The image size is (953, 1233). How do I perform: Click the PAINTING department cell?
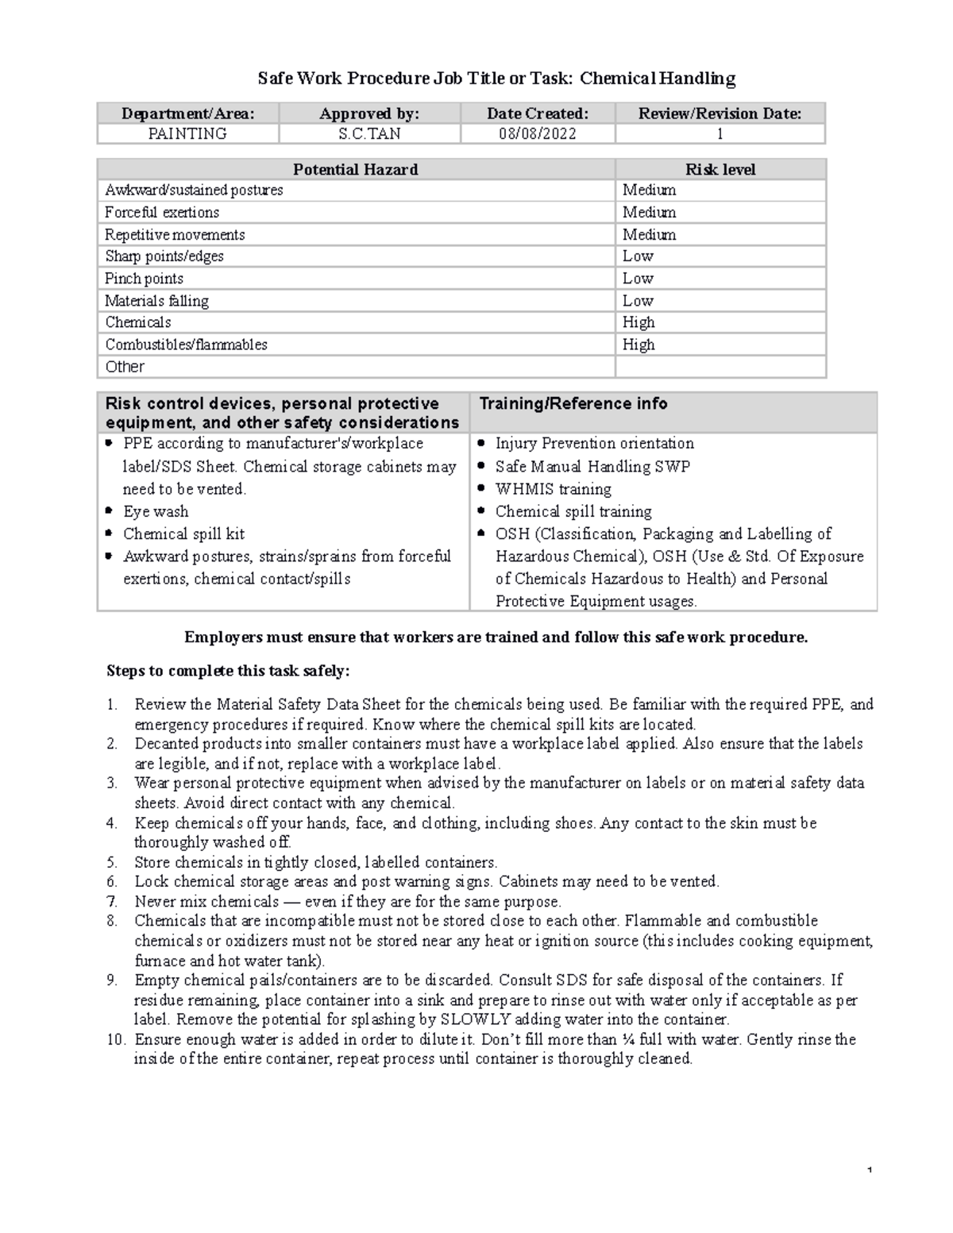[187, 134]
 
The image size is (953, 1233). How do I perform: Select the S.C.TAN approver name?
[369, 134]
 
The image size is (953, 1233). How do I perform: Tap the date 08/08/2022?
[538, 134]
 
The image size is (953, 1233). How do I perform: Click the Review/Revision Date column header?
[720, 114]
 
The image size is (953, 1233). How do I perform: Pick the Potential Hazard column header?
[355, 169]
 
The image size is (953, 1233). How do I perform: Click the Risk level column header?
[720, 169]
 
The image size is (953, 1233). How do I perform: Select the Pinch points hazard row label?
[144, 279]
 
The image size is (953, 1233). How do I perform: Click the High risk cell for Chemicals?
[639, 322]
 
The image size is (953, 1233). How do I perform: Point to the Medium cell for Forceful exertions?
[649, 213]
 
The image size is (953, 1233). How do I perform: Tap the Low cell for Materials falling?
[638, 301]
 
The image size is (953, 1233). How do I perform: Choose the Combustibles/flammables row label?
[186, 345]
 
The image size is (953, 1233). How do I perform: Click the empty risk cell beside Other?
[720, 367]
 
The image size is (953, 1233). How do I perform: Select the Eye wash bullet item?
[156, 512]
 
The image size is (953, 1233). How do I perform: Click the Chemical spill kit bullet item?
[183, 534]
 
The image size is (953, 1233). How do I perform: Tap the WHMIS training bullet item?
[553, 490]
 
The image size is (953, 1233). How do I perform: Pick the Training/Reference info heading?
[573, 403]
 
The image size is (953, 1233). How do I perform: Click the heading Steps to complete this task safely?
[228, 671]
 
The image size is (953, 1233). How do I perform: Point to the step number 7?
[112, 902]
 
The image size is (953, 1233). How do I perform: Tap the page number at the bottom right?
[870, 1171]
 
